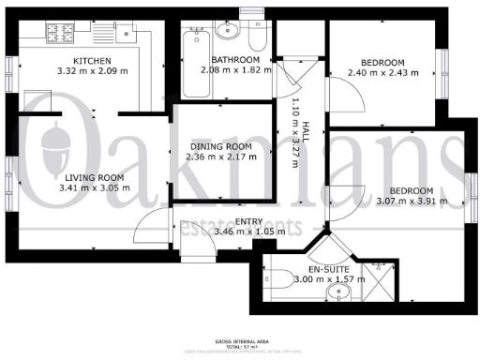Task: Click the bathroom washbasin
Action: [226, 33]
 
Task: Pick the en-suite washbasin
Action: [335, 296]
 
